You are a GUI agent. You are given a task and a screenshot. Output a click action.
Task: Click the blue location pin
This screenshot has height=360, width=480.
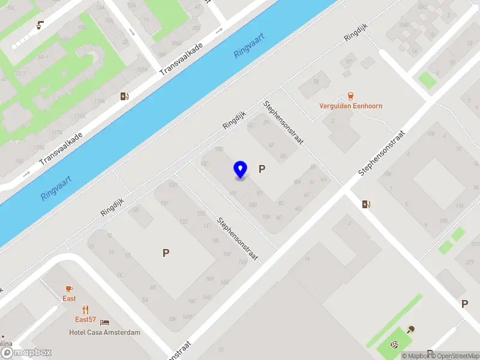240,169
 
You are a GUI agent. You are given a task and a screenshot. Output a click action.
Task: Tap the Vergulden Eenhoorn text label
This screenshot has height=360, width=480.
350,106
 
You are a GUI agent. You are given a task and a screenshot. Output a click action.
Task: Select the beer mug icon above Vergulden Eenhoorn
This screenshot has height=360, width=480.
350,96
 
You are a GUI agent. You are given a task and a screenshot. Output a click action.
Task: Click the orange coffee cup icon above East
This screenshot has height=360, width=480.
70,289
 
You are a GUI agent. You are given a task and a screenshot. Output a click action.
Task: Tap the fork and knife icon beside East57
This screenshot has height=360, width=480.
86,310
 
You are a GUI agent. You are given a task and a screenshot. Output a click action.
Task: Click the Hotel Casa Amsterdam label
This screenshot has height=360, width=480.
104,332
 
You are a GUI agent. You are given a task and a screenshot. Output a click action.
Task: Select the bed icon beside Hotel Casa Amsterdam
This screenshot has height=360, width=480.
104,322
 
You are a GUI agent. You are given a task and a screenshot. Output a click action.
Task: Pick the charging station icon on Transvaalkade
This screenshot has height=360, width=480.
124,96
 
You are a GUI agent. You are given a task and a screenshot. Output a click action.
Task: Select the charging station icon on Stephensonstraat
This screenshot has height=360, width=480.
366,204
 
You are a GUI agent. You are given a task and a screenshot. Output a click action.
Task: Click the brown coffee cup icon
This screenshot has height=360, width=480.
40,25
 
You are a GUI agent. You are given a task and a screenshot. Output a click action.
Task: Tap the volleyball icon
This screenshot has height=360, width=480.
394,345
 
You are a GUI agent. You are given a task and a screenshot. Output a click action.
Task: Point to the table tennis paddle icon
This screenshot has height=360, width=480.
411,328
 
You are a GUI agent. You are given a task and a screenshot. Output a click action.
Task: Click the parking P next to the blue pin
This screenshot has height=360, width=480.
262,169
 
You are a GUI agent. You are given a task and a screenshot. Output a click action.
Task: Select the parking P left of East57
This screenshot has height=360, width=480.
166,253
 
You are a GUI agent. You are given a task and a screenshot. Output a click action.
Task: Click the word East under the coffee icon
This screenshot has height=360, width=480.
70,299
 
